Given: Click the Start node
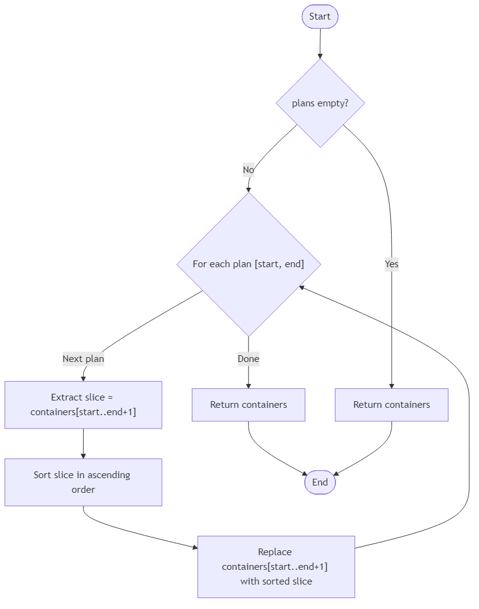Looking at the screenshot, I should (320, 17).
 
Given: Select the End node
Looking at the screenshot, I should (320, 482).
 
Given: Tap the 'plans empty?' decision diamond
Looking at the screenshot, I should (320, 103).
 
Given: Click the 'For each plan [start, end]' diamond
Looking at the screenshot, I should (248, 264).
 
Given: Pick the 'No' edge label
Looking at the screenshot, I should (248, 170).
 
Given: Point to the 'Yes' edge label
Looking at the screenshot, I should (392, 264).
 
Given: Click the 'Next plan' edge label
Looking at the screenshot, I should (83, 359).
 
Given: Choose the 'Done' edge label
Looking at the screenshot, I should (248, 359).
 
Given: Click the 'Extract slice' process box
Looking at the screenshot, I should (83, 405).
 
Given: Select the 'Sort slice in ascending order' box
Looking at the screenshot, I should (83, 482).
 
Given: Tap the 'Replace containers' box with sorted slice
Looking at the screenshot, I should (276, 567).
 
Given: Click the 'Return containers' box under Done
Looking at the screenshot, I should (248, 405).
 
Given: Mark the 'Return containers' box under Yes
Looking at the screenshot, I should (391, 405).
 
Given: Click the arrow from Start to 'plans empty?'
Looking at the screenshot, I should (320, 43).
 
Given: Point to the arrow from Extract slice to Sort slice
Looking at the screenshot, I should (83, 443).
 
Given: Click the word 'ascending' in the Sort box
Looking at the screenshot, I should (109, 475).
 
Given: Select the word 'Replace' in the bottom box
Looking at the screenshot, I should (275, 552).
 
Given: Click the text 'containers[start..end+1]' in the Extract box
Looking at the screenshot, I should (83, 412).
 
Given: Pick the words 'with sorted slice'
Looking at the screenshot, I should (276, 581).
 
